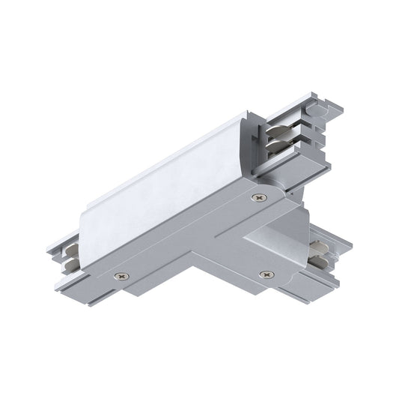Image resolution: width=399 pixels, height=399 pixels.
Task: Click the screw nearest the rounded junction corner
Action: pyautogui.click(x=259, y=198)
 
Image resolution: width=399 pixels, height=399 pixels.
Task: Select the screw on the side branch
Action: pyautogui.click(x=263, y=275)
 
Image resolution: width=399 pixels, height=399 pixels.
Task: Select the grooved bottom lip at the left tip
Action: pyautogui.click(x=71, y=283)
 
